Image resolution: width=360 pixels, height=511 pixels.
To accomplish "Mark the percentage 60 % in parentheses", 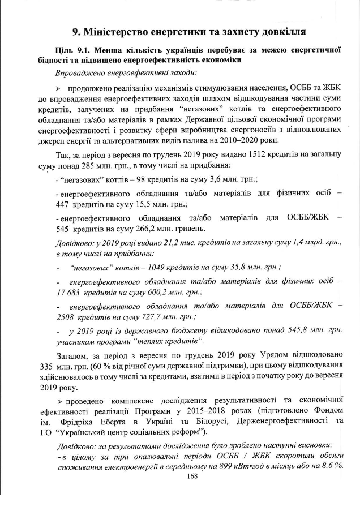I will [x=97, y=367].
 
